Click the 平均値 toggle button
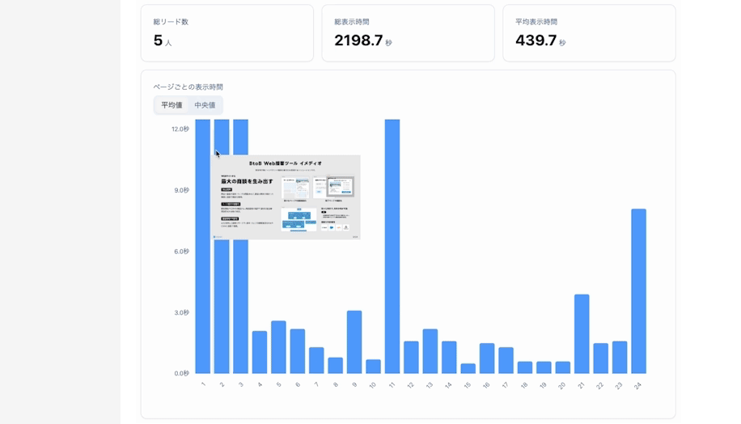tap(171, 105)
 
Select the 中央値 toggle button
tap(205, 105)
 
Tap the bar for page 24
tap(638, 291)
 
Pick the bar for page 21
tap(582, 333)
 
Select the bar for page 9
tap(354, 341)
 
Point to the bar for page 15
tap(468, 368)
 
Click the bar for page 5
tap(278, 347)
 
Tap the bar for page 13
tap(430, 351)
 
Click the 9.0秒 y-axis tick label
tap(180, 190)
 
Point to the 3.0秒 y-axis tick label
tap(180, 312)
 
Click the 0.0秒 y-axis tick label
tap(180, 373)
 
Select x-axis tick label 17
tap(506, 386)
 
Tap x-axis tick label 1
tap(202, 385)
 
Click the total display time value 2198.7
tap(358, 40)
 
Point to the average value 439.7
tap(536, 40)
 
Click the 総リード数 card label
tap(171, 22)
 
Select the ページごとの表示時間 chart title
tap(188, 87)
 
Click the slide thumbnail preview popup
tap(286, 197)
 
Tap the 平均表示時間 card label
tap(536, 22)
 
